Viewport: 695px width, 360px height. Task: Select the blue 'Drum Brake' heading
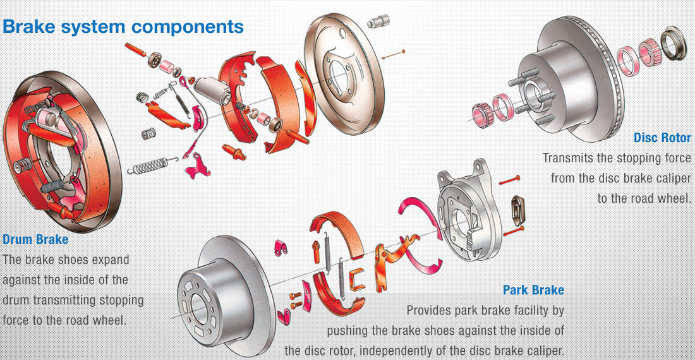click(x=35, y=240)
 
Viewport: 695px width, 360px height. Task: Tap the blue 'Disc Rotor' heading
click(x=662, y=138)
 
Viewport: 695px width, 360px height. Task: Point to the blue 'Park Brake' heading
click(x=533, y=291)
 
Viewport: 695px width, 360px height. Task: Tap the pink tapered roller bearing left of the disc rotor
click(x=483, y=111)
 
